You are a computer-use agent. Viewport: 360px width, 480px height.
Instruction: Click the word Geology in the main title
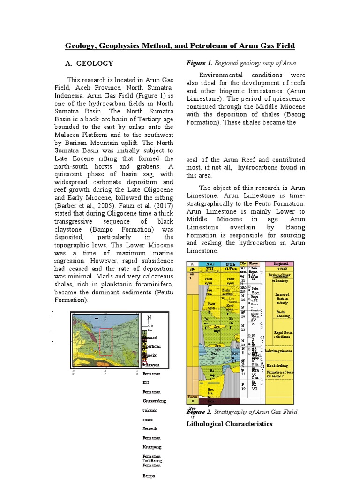pyautogui.click(x=80, y=45)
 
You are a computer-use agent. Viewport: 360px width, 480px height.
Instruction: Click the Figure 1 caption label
pyautogui.click(x=200, y=63)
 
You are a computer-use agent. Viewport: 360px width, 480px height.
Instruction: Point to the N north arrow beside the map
pyautogui.click(x=149, y=318)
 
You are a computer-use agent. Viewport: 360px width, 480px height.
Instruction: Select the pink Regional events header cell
pyautogui.click(x=279, y=265)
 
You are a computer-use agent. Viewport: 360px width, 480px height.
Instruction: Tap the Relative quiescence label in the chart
pyautogui.click(x=278, y=350)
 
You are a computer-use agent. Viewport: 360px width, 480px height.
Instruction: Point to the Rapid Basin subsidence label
pyautogui.click(x=280, y=334)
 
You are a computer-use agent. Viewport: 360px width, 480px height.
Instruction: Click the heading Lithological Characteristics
pyautogui.click(x=229, y=424)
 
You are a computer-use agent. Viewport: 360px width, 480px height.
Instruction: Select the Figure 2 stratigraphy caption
pyautogui.click(x=242, y=412)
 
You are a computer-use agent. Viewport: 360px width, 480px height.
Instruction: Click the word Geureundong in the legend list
pyautogui.click(x=154, y=401)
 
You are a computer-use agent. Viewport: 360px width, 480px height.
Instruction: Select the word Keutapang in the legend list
pyautogui.click(x=152, y=447)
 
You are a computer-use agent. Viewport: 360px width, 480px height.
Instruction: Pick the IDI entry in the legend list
pyautogui.click(x=145, y=382)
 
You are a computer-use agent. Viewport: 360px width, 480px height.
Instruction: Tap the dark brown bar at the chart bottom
pyautogui.click(x=219, y=401)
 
